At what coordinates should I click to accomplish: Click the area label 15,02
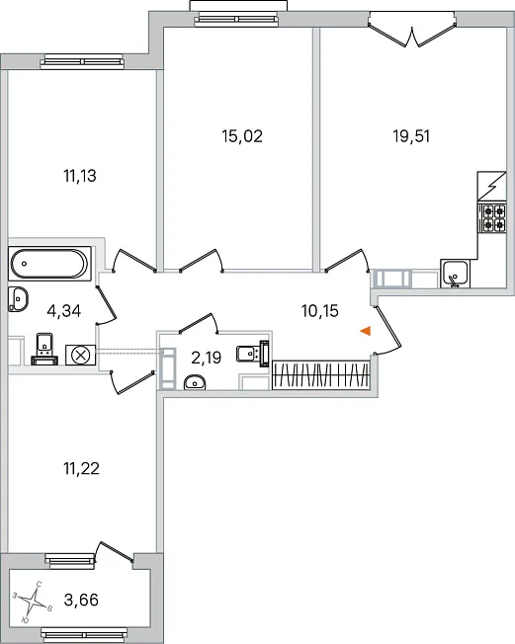[x=242, y=136]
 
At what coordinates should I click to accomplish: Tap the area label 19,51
[x=411, y=136]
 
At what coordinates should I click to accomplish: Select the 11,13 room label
[x=80, y=176]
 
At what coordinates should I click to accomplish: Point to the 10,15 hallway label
[x=319, y=311]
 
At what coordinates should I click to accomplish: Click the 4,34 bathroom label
[x=64, y=311]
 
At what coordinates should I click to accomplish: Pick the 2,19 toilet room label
[x=206, y=358]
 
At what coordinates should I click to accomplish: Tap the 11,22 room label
[x=81, y=468]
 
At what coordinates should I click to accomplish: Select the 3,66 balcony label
[x=81, y=601]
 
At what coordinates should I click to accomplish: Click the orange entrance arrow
[x=366, y=331]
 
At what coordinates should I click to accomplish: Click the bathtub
[x=49, y=264]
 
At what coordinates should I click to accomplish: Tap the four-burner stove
[x=493, y=217]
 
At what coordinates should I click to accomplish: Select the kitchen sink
[x=455, y=274]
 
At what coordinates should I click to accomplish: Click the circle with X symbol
[x=80, y=355]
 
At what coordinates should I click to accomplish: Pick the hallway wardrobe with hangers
[x=321, y=374]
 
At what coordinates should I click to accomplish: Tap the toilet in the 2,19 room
[x=253, y=354]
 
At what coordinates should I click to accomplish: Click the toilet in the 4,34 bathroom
[x=44, y=349]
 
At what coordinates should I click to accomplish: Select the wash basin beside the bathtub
[x=18, y=299]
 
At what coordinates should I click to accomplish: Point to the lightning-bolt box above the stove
[x=492, y=187]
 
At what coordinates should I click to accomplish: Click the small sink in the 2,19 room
[x=195, y=382]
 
